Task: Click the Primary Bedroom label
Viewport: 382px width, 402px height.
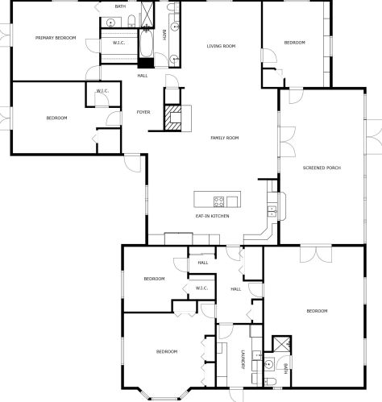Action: (x=56, y=38)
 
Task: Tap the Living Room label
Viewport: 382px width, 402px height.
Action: (x=221, y=46)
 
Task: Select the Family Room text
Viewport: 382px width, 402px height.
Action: (x=225, y=138)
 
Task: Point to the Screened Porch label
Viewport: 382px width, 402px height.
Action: (x=322, y=168)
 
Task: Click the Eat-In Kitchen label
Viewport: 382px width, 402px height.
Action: (x=213, y=216)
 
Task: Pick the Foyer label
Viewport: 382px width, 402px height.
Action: (x=143, y=112)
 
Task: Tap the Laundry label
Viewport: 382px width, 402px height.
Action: (x=243, y=359)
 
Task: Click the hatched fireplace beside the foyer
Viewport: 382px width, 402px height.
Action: (x=172, y=118)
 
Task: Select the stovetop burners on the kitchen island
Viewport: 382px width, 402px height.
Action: (x=218, y=201)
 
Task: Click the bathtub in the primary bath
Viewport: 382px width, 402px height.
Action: (x=147, y=44)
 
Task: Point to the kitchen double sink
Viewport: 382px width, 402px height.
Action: (x=272, y=211)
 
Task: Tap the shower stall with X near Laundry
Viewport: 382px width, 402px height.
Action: (x=281, y=344)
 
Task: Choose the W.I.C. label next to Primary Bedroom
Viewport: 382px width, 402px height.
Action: (x=118, y=43)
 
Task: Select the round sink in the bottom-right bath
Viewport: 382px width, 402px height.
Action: (x=268, y=364)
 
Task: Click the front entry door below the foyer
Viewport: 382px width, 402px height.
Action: (x=132, y=163)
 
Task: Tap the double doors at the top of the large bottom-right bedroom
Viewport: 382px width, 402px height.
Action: (x=316, y=254)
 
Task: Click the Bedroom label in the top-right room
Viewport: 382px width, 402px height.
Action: (x=295, y=43)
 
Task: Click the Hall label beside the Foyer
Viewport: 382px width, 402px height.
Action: (x=143, y=76)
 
